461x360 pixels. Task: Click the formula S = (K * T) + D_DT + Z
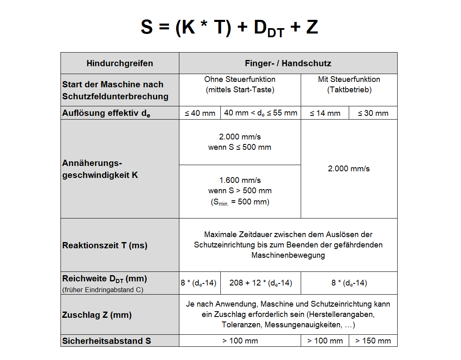coord(229,28)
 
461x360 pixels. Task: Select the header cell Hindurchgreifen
coord(120,63)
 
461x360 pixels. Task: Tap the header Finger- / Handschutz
coord(288,63)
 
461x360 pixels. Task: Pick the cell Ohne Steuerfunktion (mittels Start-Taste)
coord(240,84)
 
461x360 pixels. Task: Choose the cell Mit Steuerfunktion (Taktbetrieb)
coord(349,84)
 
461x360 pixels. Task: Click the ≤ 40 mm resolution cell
coord(200,113)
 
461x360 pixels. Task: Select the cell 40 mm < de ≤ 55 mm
coord(261,113)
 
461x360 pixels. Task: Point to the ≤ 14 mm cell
coord(325,113)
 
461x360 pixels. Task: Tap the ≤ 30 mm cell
coord(373,113)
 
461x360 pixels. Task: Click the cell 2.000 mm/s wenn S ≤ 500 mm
coord(240,142)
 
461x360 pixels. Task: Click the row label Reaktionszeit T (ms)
coord(105,245)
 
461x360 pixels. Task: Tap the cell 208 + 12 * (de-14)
coord(261,283)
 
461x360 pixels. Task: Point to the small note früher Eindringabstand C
coord(103,290)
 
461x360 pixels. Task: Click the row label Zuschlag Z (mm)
coord(97,315)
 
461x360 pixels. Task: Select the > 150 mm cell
coord(373,341)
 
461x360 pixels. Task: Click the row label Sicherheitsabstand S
coord(106,341)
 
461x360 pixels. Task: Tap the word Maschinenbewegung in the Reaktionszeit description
coord(288,255)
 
